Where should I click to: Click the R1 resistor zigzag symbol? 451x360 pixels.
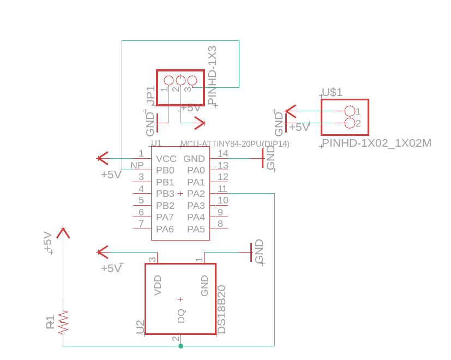(63, 322)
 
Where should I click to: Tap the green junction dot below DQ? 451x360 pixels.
(181, 346)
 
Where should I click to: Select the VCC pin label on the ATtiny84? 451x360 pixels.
(166, 159)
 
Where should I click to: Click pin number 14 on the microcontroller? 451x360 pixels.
(223, 153)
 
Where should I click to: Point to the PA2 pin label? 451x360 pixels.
(196, 194)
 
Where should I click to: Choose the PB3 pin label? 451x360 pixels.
(165, 194)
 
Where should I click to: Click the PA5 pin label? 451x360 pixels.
(196, 229)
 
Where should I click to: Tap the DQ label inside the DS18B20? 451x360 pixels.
(181, 316)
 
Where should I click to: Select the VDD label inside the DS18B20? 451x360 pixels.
(158, 285)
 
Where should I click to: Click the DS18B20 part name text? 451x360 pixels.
(221, 309)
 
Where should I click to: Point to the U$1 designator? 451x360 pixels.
(332, 92)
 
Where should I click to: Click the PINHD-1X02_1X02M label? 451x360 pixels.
(376, 143)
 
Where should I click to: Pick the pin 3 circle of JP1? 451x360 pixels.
(192, 80)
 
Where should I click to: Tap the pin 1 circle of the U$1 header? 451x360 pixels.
(350, 111)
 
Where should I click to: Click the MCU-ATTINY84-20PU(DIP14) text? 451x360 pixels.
(234, 144)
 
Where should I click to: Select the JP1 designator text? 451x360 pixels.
(151, 95)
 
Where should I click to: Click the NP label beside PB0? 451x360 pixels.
(137, 165)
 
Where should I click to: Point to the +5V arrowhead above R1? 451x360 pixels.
(63, 233)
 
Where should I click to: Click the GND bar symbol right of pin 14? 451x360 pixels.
(262, 158)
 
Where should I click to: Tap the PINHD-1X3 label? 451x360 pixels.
(212, 75)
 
